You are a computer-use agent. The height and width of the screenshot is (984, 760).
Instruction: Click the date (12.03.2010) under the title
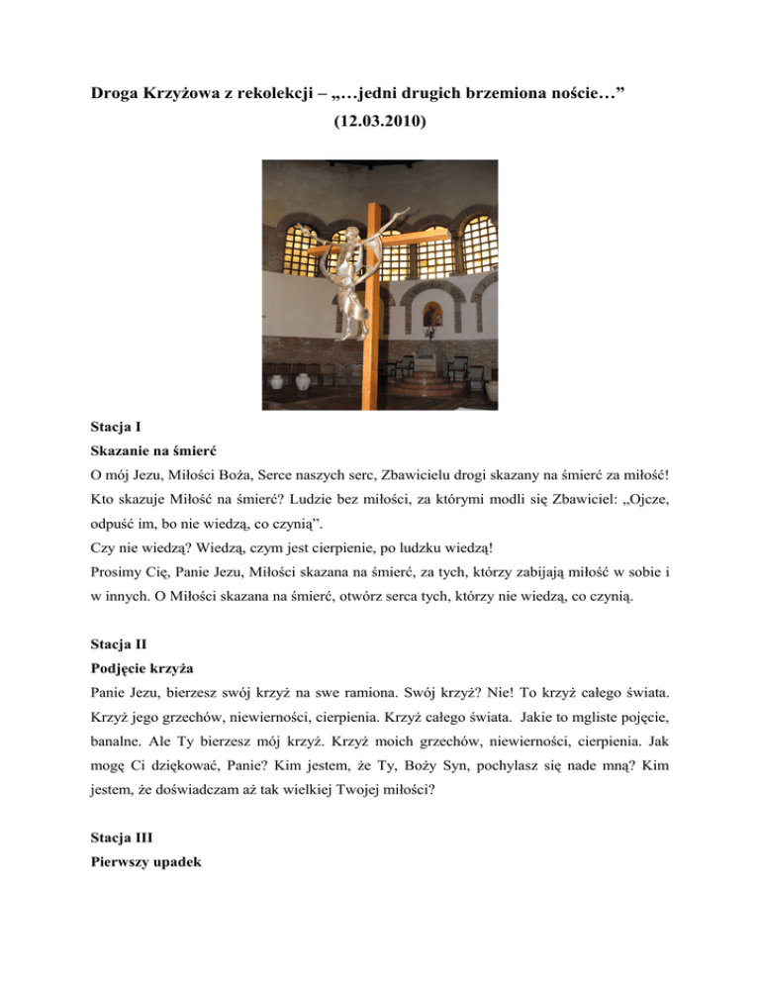point(380,129)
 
